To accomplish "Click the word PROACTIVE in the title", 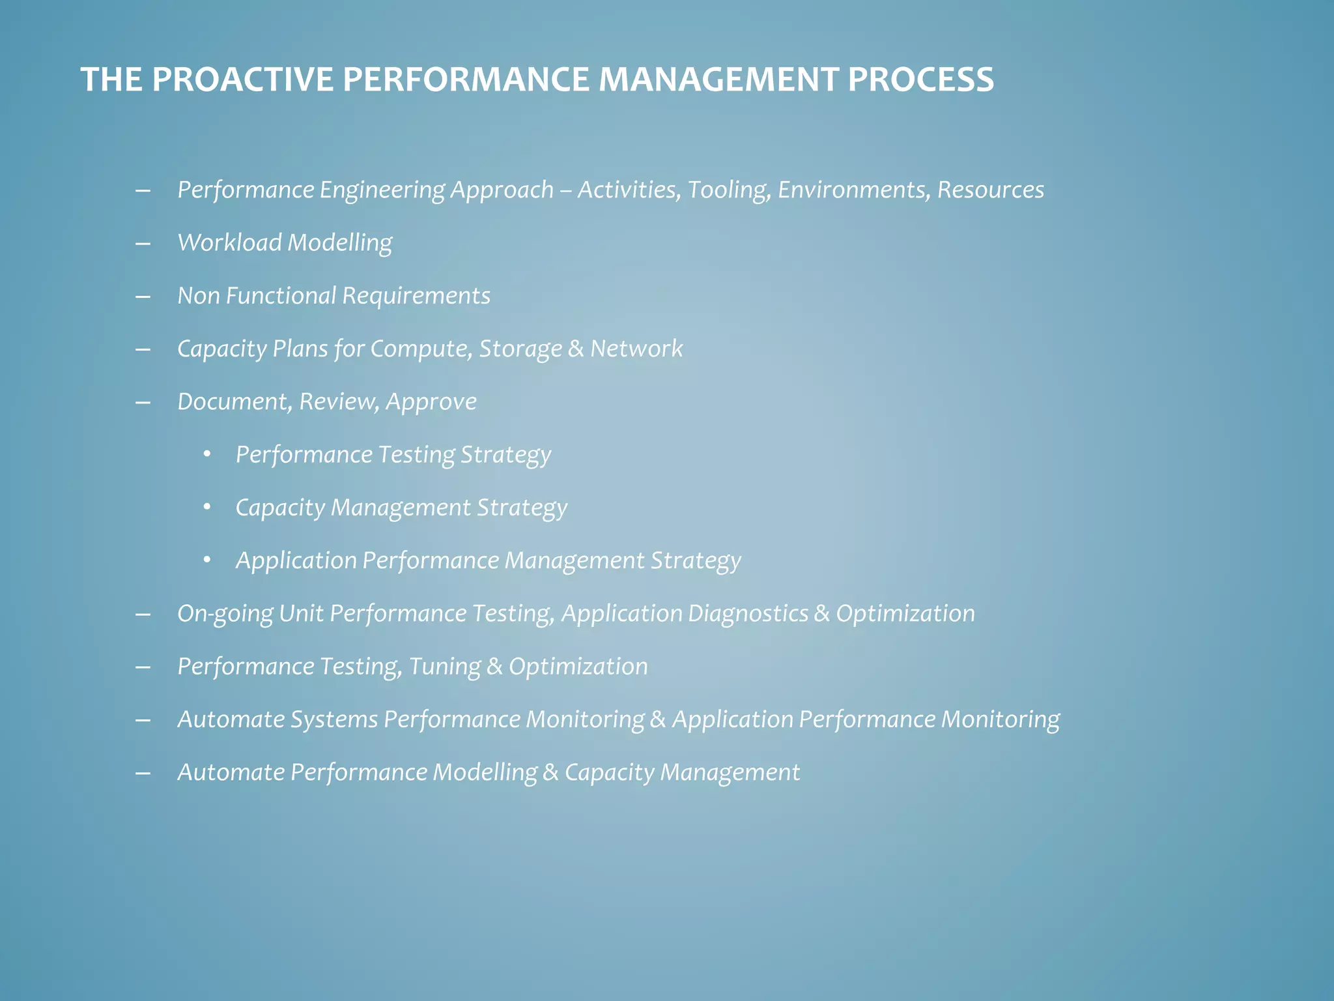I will (x=242, y=80).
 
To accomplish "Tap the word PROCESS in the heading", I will (x=920, y=80).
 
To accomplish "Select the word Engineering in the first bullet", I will (x=382, y=190).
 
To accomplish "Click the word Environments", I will (x=854, y=190).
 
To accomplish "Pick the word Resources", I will (x=991, y=190).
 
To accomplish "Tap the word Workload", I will (x=229, y=243).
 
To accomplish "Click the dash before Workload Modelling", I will (x=143, y=244).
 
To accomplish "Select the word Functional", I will (x=281, y=296).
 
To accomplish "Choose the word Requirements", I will (x=416, y=296).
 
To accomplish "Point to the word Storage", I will (x=520, y=349).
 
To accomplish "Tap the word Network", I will (x=636, y=349).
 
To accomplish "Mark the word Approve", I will (x=431, y=402).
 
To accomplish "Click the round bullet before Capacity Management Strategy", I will (x=207, y=507).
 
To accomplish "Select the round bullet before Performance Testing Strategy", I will (x=207, y=454).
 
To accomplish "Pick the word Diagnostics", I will (x=748, y=614).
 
